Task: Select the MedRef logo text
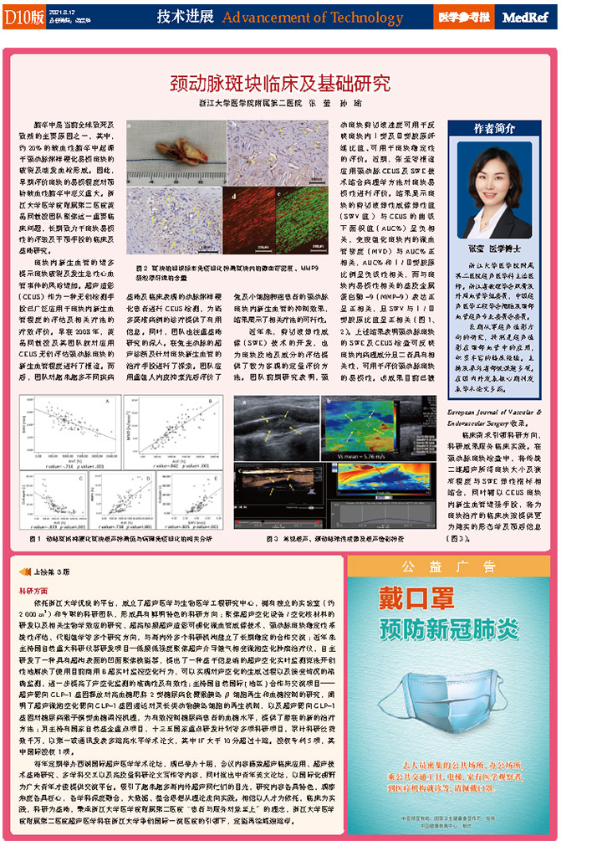528,18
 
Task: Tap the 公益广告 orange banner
451,567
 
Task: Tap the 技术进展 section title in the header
186,18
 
